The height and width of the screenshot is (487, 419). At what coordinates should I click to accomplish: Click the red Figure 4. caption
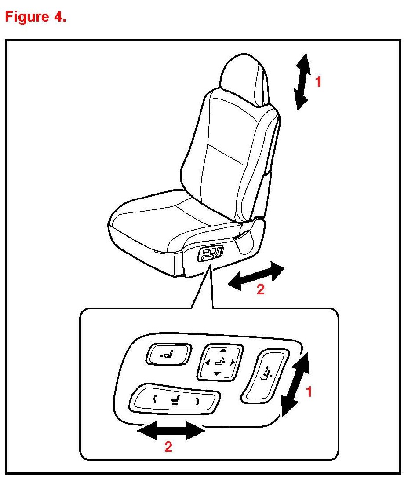36,17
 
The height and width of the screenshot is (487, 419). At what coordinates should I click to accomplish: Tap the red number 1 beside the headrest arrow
318,82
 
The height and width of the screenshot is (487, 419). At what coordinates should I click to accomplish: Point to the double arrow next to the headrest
302,81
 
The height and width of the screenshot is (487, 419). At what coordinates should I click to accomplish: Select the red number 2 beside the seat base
260,289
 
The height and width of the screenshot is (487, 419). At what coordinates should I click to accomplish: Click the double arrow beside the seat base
256,276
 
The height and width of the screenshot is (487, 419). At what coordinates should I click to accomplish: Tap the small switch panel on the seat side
210,253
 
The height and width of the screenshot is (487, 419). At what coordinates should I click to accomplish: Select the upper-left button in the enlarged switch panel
168,354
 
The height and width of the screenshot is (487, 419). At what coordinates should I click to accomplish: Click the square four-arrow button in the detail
220,362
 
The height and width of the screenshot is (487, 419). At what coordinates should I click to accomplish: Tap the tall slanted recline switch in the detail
266,376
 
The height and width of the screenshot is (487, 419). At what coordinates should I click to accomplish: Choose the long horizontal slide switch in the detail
175,400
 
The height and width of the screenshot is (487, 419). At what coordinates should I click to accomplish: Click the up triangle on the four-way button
223,350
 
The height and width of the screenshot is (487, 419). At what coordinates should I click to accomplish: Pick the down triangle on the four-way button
217,373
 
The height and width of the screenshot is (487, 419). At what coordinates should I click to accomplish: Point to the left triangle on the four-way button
208,362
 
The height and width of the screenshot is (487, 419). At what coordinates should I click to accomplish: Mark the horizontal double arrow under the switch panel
171,430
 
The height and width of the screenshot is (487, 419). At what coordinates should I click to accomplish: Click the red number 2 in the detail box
168,447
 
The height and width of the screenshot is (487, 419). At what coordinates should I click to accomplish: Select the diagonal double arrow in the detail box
295,384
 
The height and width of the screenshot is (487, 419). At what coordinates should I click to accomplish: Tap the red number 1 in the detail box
309,392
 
